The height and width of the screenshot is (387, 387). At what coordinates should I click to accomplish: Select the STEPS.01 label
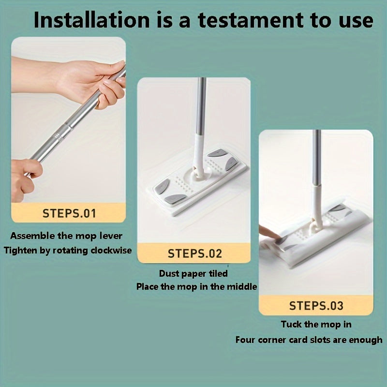(x=69, y=213)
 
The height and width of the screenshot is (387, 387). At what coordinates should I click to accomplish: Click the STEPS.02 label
(x=194, y=253)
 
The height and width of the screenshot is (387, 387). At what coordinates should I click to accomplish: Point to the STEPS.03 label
(x=316, y=306)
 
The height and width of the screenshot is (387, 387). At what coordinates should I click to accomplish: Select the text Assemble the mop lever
(x=66, y=237)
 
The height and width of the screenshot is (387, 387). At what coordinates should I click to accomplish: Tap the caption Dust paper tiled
(x=193, y=274)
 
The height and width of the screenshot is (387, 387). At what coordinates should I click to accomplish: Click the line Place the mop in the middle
(x=196, y=286)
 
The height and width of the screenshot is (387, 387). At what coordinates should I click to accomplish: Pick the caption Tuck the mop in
(x=316, y=324)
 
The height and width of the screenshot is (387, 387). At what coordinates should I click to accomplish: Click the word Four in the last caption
(x=246, y=340)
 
